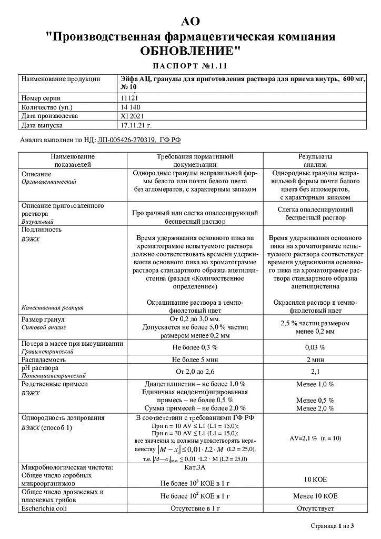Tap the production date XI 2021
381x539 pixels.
[x=133, y=116]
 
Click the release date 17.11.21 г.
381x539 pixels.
[x=136, y=125]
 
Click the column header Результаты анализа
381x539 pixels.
[x=315, y=161]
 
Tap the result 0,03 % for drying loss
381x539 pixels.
[x=315, y=348]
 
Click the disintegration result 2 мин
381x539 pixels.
[x=315, y=360]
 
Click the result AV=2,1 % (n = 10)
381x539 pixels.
[x=315, y=438]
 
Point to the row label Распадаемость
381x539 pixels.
[x=43, y=360]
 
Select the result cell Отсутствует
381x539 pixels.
[x=315, y=508]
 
